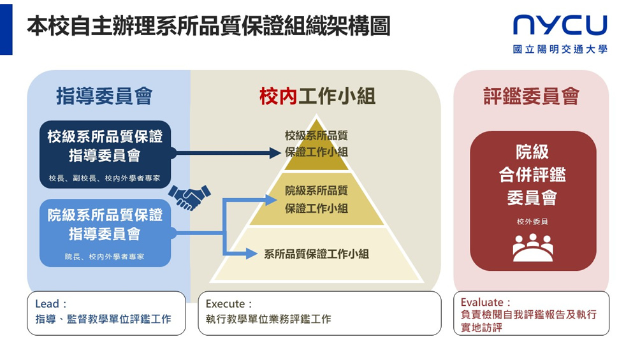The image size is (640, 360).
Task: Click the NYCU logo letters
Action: pyautogui.click(x=560, y=25)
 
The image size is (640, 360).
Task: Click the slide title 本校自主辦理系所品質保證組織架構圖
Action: pyautogui.click(x=208, y=27)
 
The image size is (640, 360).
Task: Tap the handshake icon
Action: pyautogui.click(x=189, y=197)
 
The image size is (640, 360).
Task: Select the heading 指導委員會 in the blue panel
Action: pyautogui.click(x=105, y=96)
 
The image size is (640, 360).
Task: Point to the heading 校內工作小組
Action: pyautogui.click(x=317, y=96)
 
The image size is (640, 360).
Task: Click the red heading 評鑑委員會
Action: pyautogui.click(x=531, y=96)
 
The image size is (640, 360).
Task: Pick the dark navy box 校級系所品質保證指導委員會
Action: pyautogui.click(x=105, y=154)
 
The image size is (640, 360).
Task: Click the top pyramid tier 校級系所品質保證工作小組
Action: pyautogui.click(x=316, y=144)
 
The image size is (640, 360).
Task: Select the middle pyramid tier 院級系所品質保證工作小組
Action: pyautogui.click(x=316, y=199)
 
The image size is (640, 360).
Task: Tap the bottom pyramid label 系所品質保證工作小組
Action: pyautogui.click(x=316, y=254)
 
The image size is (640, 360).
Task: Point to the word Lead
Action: pyautogui.click(x=47, y=304)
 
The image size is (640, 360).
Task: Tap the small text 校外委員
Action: pyautogui.click(x=532, y=222)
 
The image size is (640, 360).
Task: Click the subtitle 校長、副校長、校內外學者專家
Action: pyautogui.click(x=105, y=178)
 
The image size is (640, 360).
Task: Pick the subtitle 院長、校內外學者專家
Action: pyautogui.click(x=105, y=256)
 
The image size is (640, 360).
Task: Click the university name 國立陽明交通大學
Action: pyautogui.click(x=560, y=49)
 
